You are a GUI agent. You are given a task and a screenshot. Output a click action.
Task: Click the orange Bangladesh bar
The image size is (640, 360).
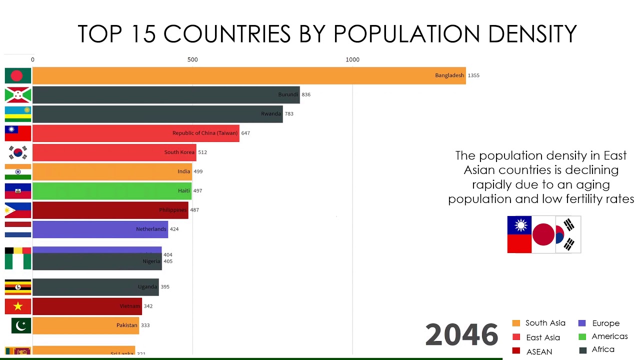[x=249, y=75]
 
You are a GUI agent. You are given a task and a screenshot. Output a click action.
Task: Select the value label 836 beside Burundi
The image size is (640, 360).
[x=306, y=94]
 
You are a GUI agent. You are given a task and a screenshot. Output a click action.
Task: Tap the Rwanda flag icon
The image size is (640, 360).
[x=18, y=114]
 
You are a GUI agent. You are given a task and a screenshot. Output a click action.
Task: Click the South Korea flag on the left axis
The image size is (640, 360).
[x=18, y=152]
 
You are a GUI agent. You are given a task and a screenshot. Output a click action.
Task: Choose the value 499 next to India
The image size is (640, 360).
[x=198, y=171]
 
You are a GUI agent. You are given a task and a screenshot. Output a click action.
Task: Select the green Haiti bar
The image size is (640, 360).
[x=112, y=191]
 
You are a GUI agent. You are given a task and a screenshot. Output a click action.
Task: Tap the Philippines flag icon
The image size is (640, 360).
[x=18, y=210]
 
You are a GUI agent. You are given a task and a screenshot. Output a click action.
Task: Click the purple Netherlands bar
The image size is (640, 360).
[x=100, y=229]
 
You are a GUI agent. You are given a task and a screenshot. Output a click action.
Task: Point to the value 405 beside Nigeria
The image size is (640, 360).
[x=168, y=261]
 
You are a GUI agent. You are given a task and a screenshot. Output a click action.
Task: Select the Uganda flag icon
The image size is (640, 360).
[x=18, y=287]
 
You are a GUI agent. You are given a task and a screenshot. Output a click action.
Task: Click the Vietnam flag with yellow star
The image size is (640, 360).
[x=18, y=306]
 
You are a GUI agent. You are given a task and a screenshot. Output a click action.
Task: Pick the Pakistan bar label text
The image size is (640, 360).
[x=126, y=325]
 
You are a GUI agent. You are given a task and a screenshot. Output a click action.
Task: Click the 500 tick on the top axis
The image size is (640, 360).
[x=192, y=59]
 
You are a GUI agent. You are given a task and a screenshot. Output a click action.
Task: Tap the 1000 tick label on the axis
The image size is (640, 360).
[x=352, y=59]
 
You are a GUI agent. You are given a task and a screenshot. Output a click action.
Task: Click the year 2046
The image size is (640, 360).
[x=461, y=334]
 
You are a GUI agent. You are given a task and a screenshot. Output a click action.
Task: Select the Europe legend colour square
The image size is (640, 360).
[x=582, y=323]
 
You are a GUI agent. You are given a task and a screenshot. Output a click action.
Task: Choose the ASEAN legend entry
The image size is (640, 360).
[x=539, y=351]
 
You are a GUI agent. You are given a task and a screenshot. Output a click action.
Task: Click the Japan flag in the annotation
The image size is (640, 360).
[x=543, y=234]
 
